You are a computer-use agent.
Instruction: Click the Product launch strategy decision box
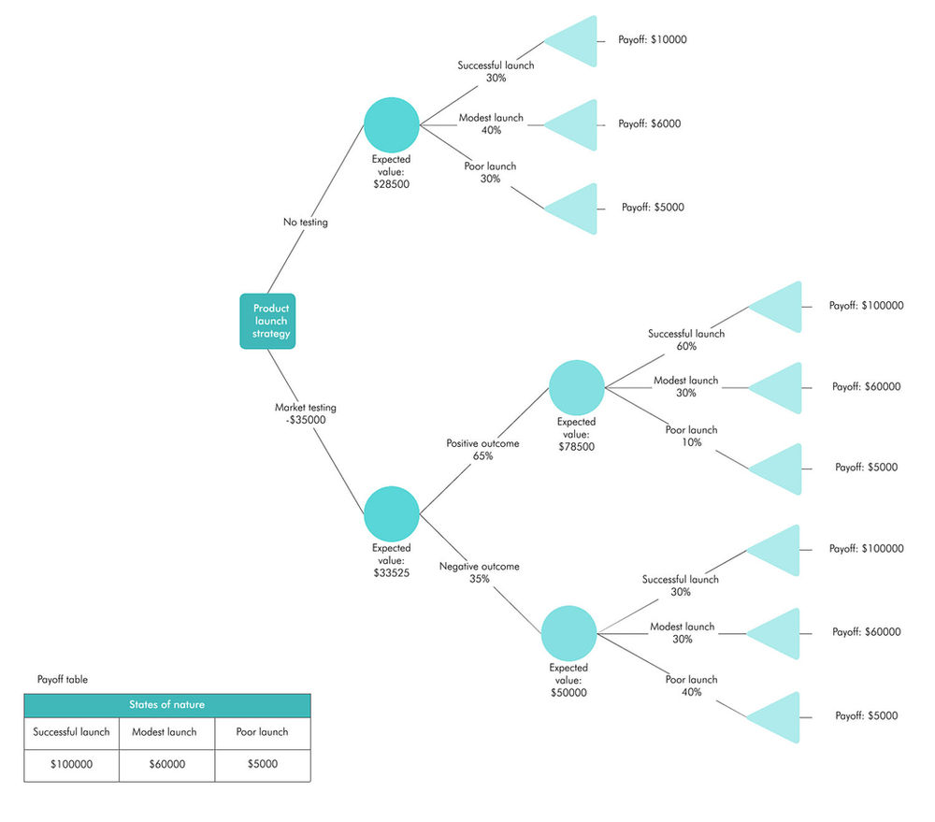(x=268, y=321)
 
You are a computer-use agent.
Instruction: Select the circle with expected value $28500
(x=391, y=124)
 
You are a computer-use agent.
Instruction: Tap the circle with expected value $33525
(x=391, y=513)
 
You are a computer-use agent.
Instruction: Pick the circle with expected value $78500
(x=577, y=387)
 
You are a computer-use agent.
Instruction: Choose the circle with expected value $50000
(x=568, y=633)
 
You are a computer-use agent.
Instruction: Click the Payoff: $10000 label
(x=653, y=40)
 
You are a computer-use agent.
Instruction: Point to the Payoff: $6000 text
(x=649, y=123)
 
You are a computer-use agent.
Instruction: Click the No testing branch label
(x=306, y=223)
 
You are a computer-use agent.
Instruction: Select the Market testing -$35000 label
(x=306, y=413)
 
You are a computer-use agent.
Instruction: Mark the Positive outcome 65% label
(x=482, y=450)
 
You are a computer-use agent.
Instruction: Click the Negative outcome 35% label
(x=479, y=572)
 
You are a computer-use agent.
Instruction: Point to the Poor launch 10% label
(x=691, y=436)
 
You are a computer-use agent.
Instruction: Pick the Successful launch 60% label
(x=685, y=339)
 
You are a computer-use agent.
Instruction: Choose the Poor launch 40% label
(x=691, y=685)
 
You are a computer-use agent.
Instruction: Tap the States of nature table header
(x=166, y=705)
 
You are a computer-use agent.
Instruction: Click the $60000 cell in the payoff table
(x=166, y=764)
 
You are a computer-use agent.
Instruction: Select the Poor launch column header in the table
(x=262, y=732)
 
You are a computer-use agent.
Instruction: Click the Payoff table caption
(x=63, y=680)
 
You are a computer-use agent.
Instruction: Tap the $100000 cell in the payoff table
(x=71, y=764)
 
